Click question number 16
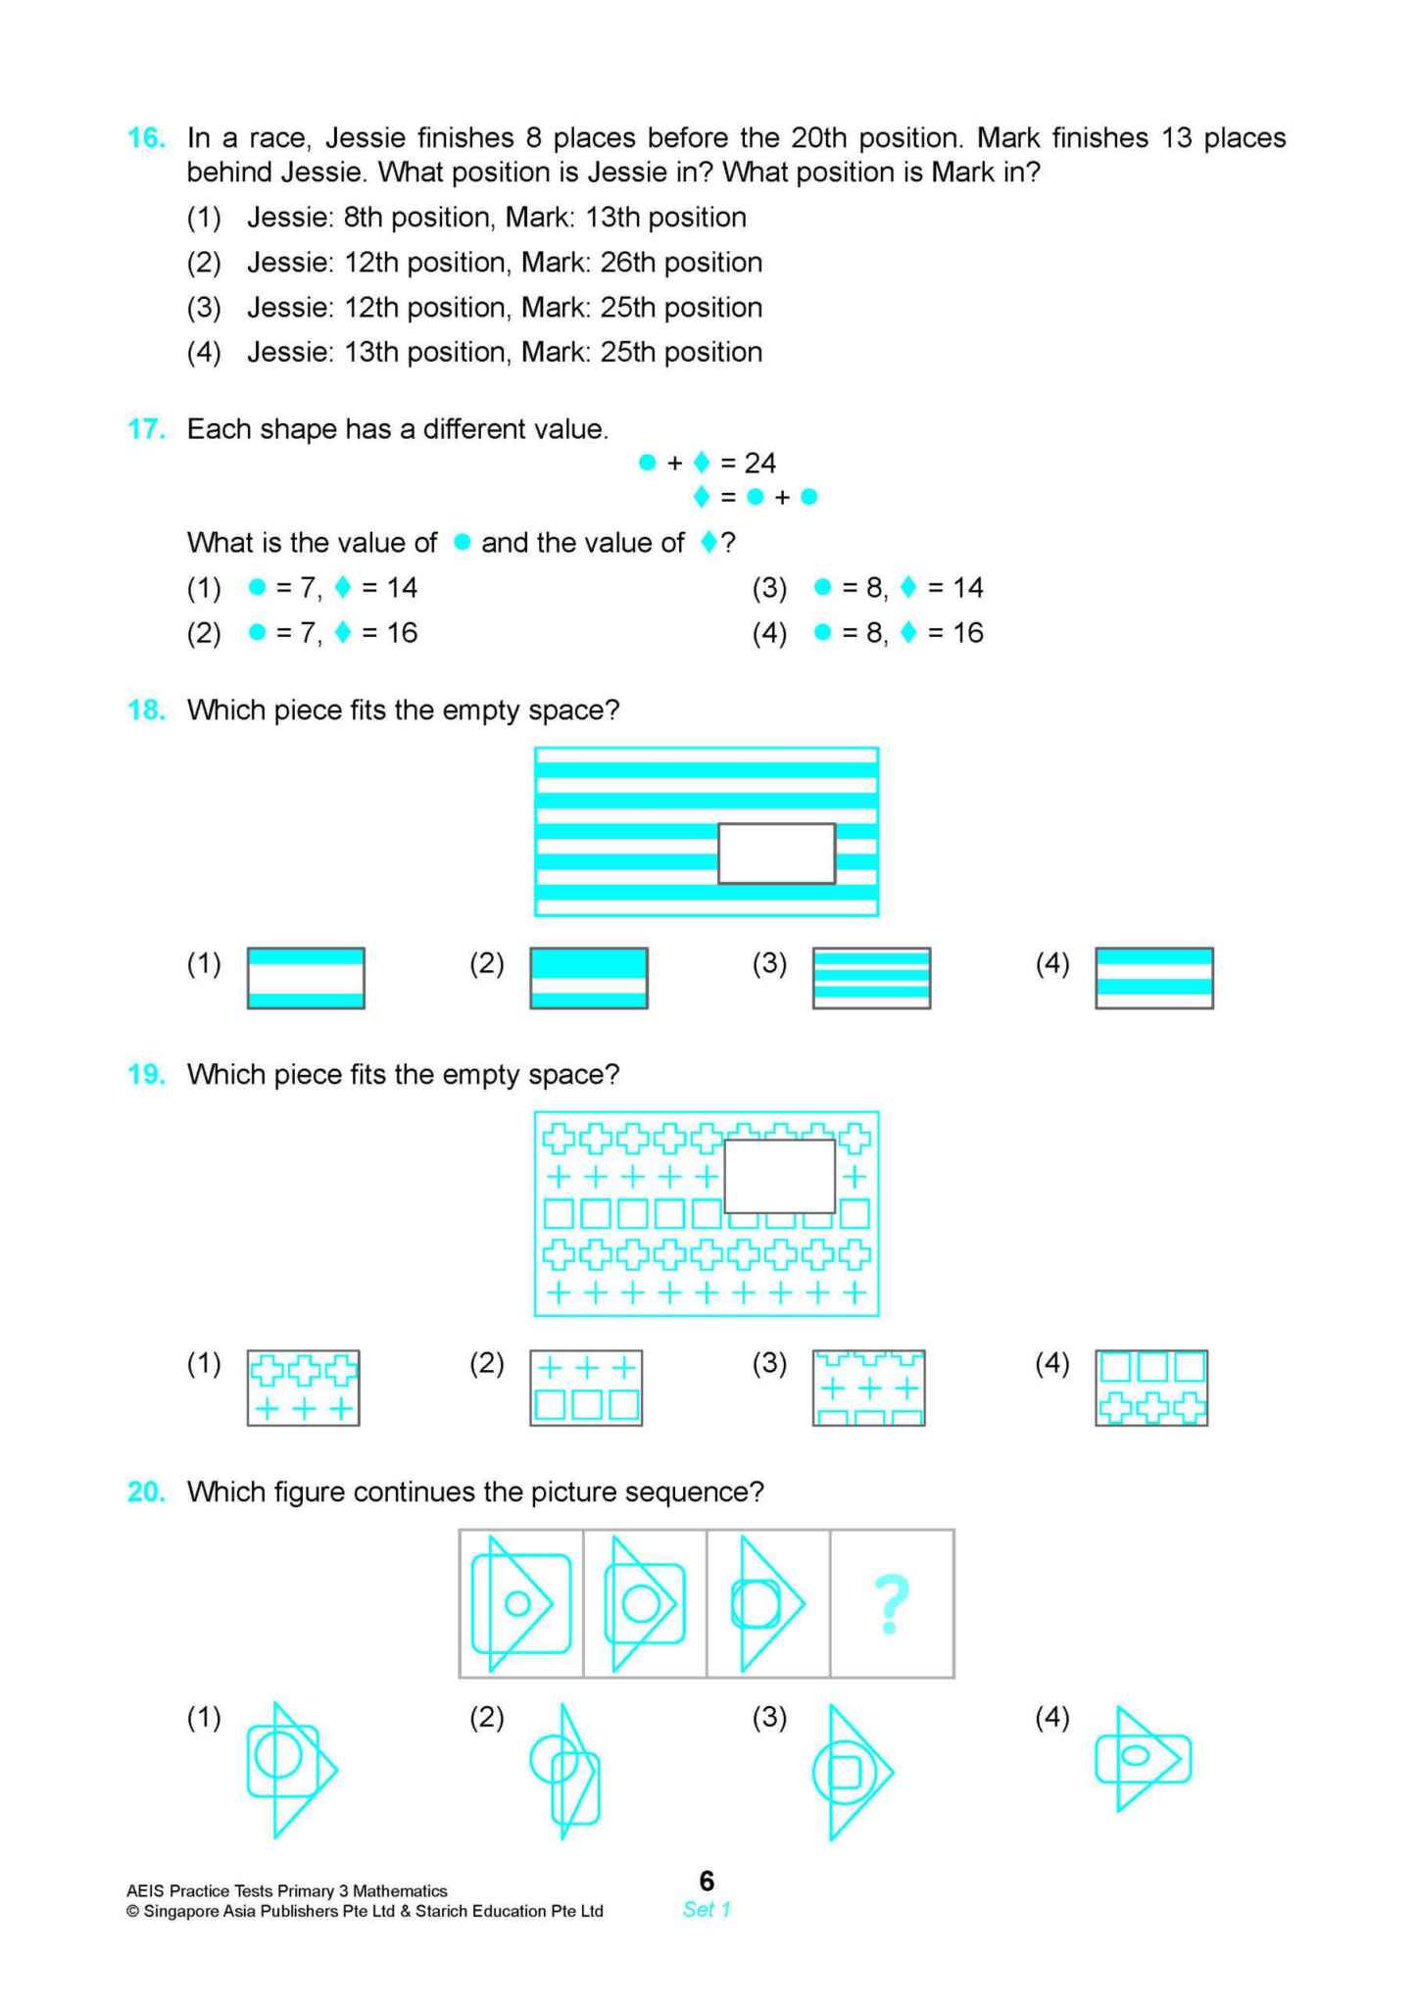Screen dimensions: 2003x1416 (146, 138)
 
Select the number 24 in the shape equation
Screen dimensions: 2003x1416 (759, 463)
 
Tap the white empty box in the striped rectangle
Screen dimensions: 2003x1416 (776, 854)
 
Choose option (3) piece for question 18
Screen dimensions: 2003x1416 (871, 977)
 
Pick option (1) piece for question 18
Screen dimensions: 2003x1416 (306, 977)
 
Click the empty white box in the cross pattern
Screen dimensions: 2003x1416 (779, 1176)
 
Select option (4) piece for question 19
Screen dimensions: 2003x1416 (1151, 1388)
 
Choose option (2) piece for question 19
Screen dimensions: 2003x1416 (586, 1388)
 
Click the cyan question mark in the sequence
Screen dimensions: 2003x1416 (891, 1603)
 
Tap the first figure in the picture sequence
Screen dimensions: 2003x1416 (520, 1603)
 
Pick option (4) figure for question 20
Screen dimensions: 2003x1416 (1143, 1759)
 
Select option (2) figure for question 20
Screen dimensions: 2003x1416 (566, 1772)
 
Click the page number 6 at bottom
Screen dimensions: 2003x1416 (707, 1881)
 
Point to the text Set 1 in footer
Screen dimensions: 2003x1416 (707, 1909)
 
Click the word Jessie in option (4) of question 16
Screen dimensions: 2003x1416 (289, 352)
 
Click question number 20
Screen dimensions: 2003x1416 (146, 1491)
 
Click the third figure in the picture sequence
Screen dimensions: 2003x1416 (767, 1603)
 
